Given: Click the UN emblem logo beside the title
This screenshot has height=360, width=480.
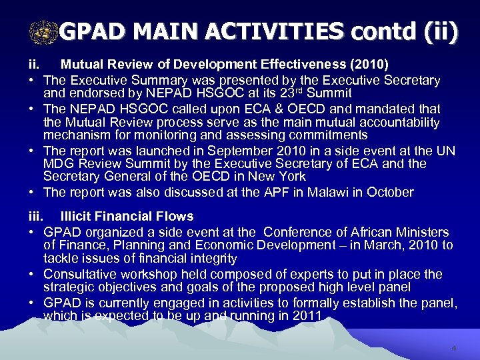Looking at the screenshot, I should click(x=45, y=30).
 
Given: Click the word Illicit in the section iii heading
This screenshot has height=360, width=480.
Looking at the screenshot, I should click(x=77, y=216).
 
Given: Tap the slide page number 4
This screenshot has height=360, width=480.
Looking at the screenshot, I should click(x=453, y=348).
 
